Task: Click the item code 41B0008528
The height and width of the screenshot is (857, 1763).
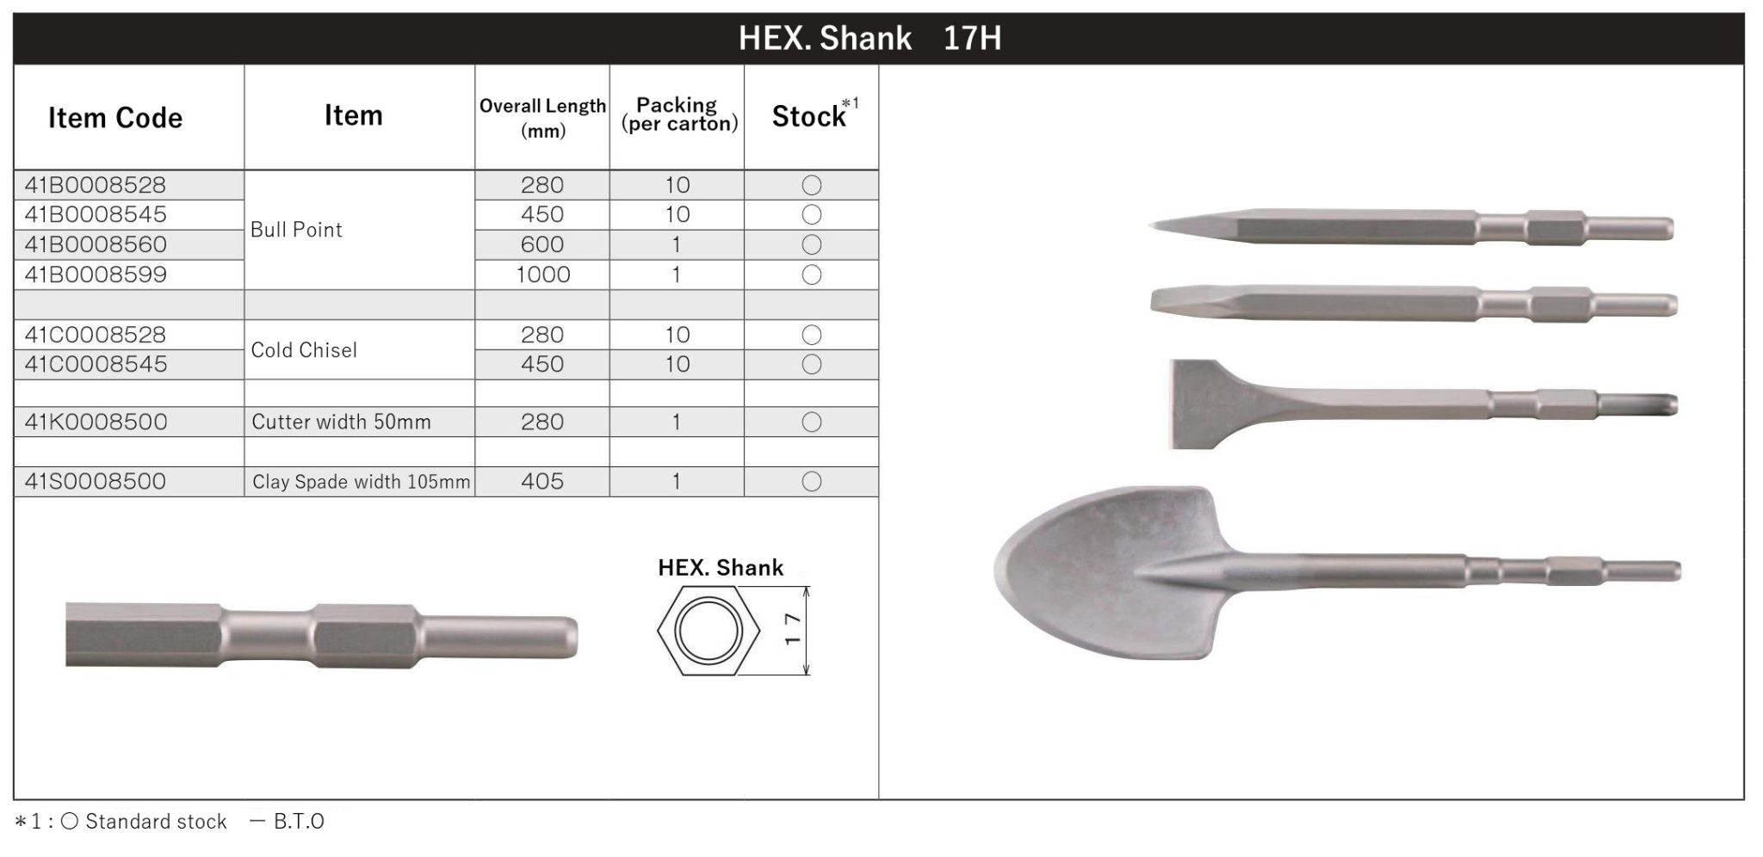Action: [x=96, y=185]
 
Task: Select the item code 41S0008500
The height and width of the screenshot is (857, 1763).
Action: [x=96, y=481]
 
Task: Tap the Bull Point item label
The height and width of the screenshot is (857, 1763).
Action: [x=296, y=230]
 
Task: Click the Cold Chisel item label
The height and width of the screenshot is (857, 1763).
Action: [x=304, y=350]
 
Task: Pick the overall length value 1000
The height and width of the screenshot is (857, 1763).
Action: [x=542, y=274]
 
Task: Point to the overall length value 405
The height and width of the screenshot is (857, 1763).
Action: [x=542, y=481]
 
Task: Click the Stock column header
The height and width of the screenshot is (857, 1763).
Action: [x=809, y=116]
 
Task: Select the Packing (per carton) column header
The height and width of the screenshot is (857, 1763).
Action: [x=678, y=114]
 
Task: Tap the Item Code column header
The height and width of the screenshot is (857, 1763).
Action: [x=115, y=118]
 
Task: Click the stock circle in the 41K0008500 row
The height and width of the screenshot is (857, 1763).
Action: [x=811, y=422]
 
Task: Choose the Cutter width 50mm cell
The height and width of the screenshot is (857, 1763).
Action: [x=341, y=422]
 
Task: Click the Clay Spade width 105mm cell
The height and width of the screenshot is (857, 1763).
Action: [x=361, y=482]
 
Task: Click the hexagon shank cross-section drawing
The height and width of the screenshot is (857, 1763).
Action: [x=708, y=631]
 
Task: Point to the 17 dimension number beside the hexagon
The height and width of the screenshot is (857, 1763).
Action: [x=793, y=630]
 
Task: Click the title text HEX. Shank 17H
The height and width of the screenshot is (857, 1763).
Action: [x=869, y=39]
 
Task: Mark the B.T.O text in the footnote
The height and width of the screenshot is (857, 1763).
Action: [x=298, y=822]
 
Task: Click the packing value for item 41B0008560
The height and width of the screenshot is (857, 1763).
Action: [x=677, y=244]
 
